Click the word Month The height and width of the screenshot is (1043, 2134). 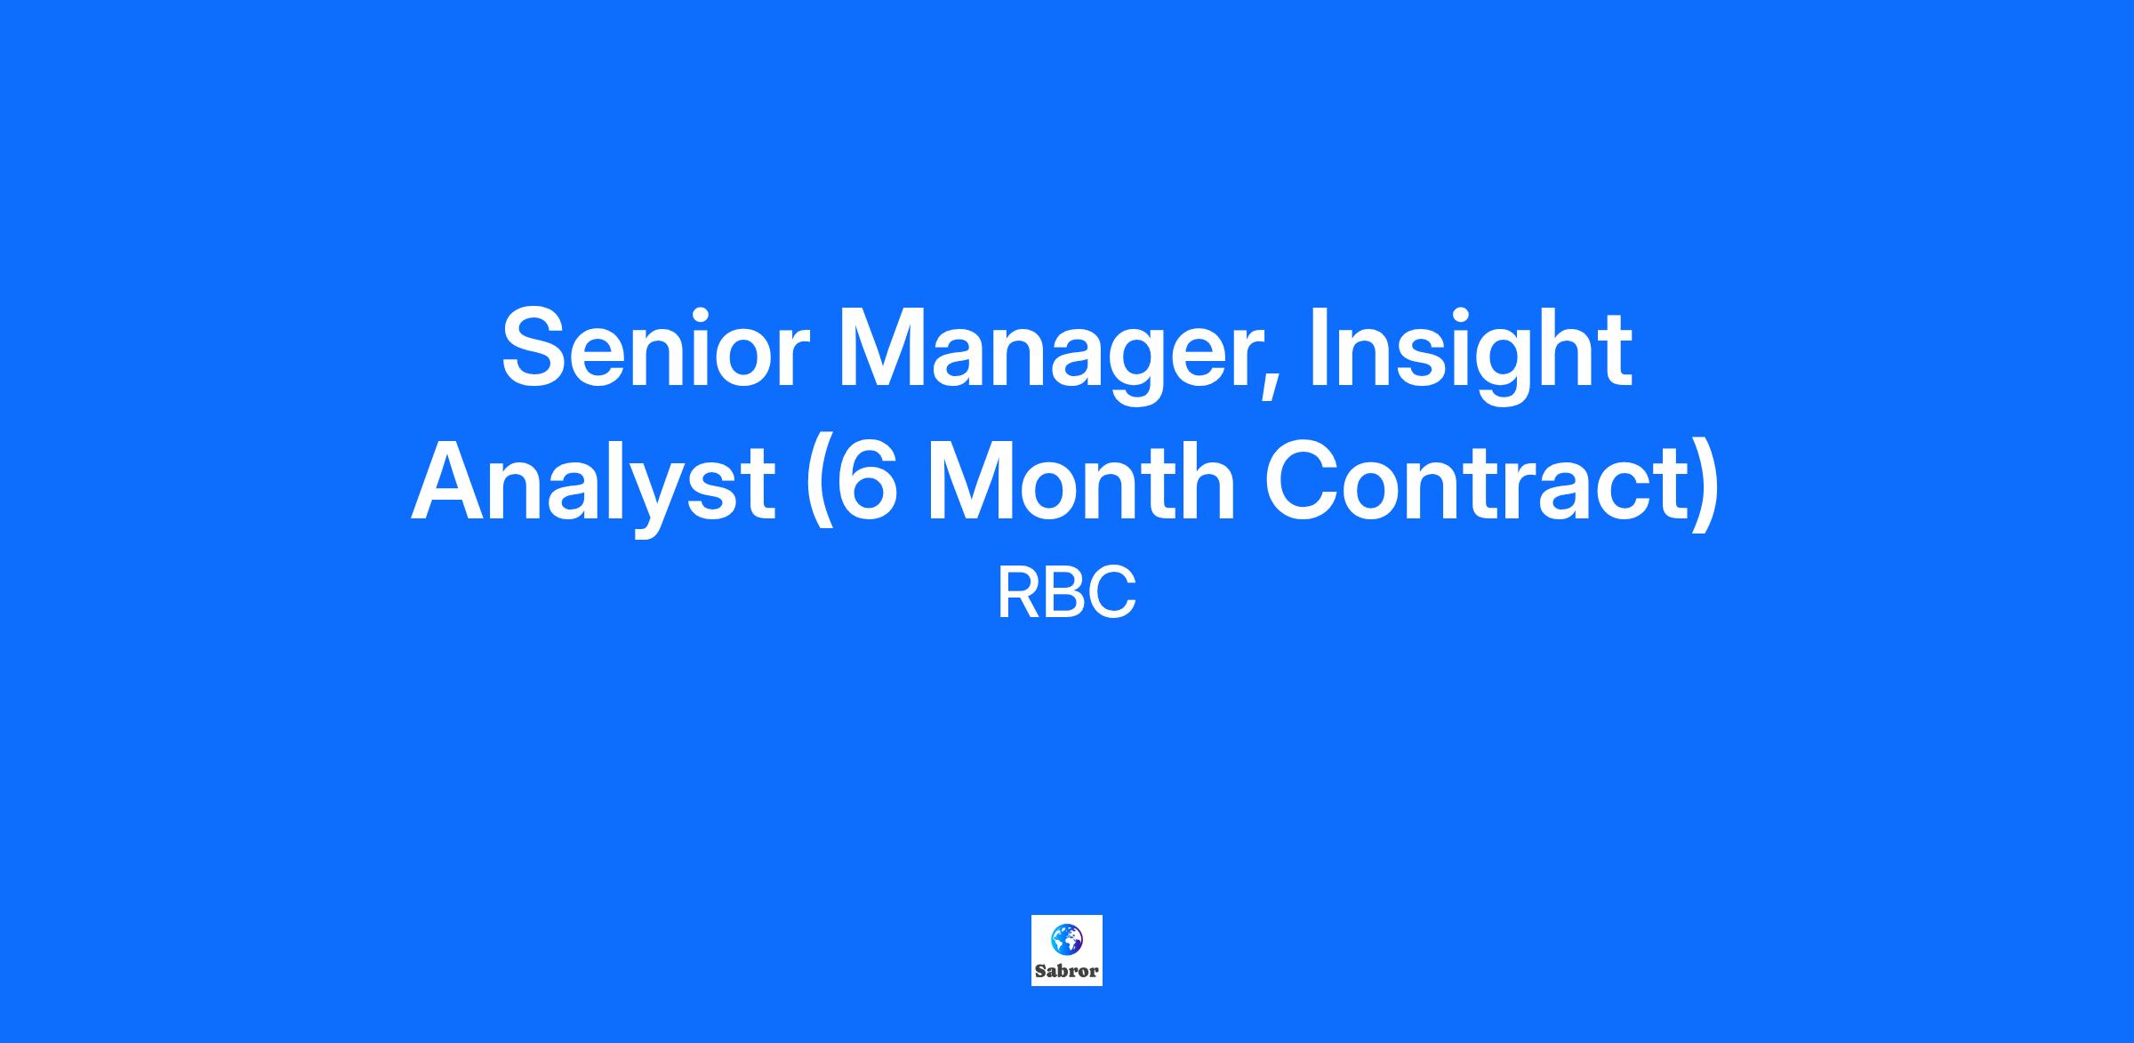[1080, 480]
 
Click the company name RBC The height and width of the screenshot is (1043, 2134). [1066, 595]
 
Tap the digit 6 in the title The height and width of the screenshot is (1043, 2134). [864, 481]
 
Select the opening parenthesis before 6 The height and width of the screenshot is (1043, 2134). [817, 485]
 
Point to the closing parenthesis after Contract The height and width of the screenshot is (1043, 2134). [1706, 485]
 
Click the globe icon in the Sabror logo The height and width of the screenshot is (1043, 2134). [1066, 939]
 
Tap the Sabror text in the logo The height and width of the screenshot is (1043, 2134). [1066, 971]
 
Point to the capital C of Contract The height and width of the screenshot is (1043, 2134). [1304, 481]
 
